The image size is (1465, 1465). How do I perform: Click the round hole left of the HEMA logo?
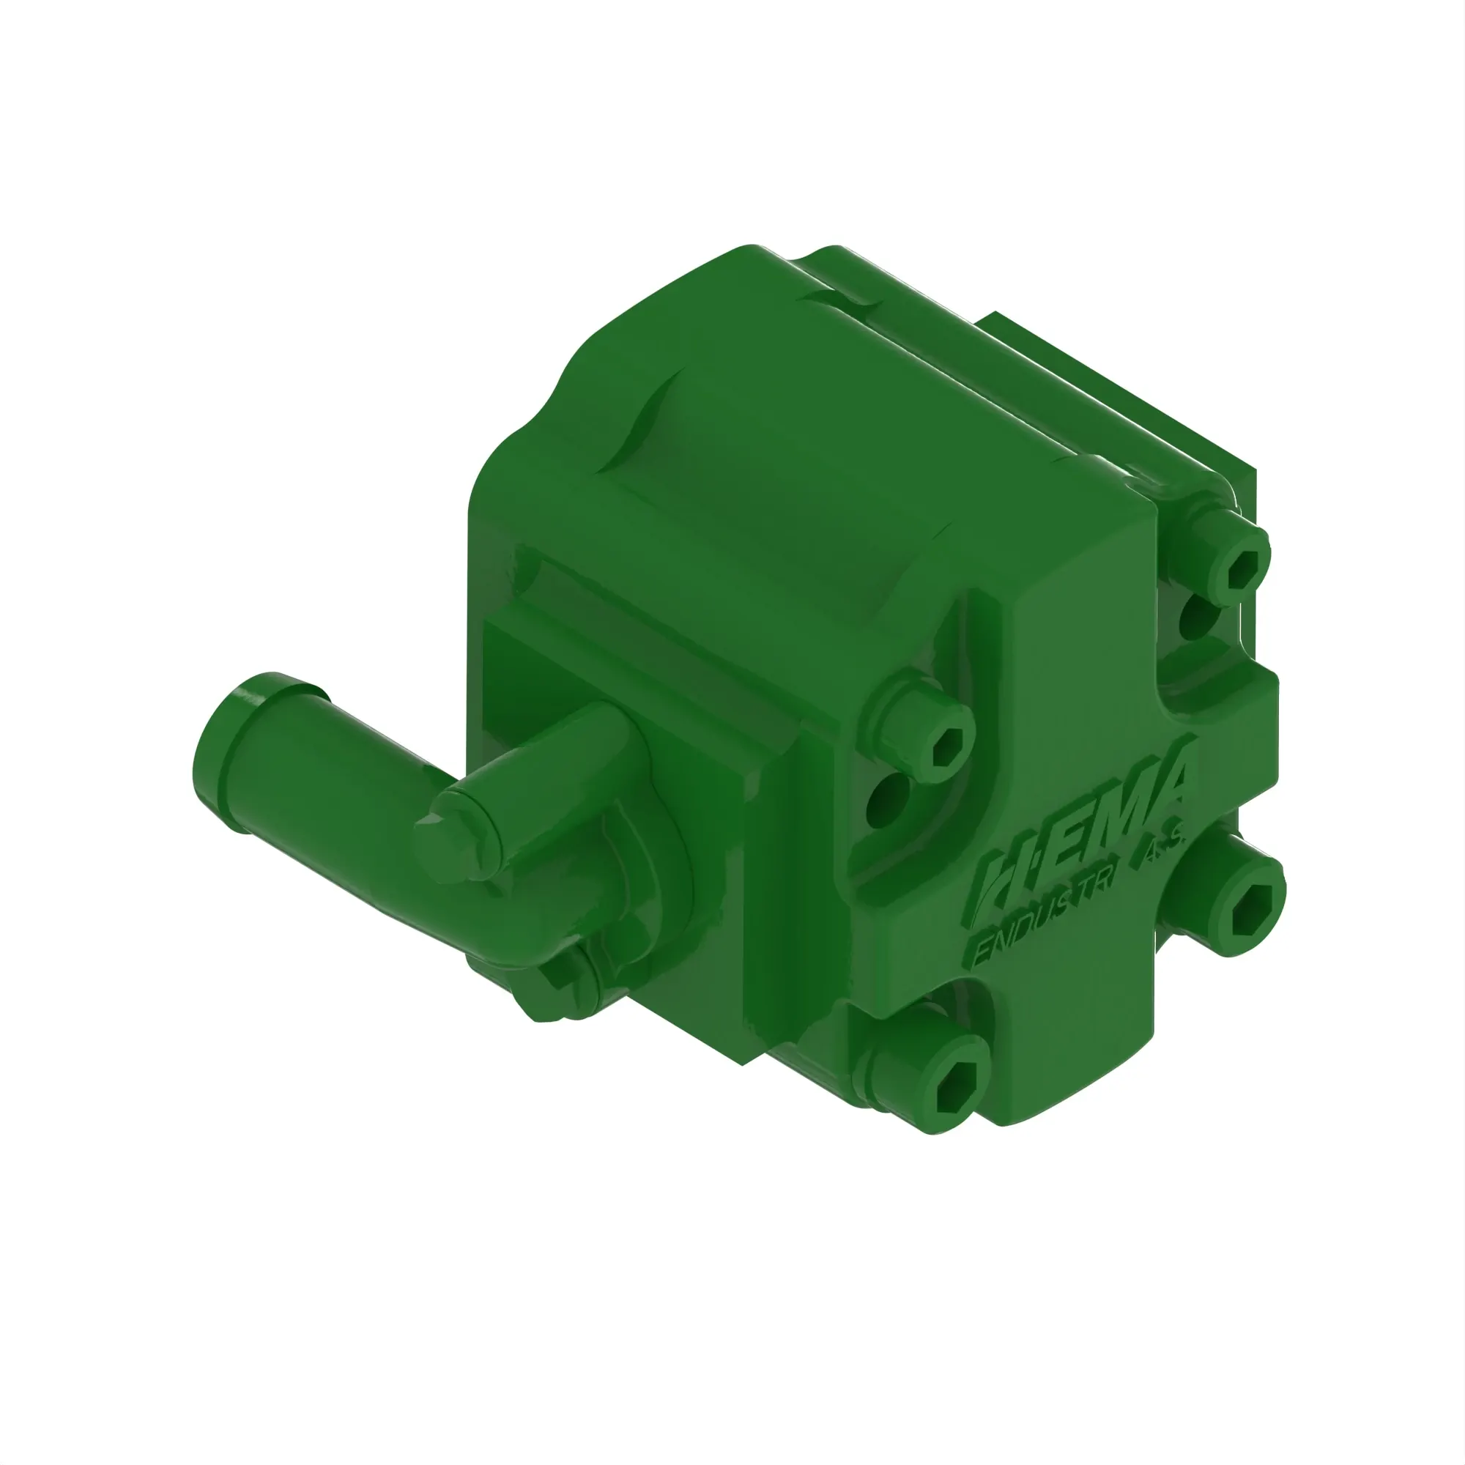887,796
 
